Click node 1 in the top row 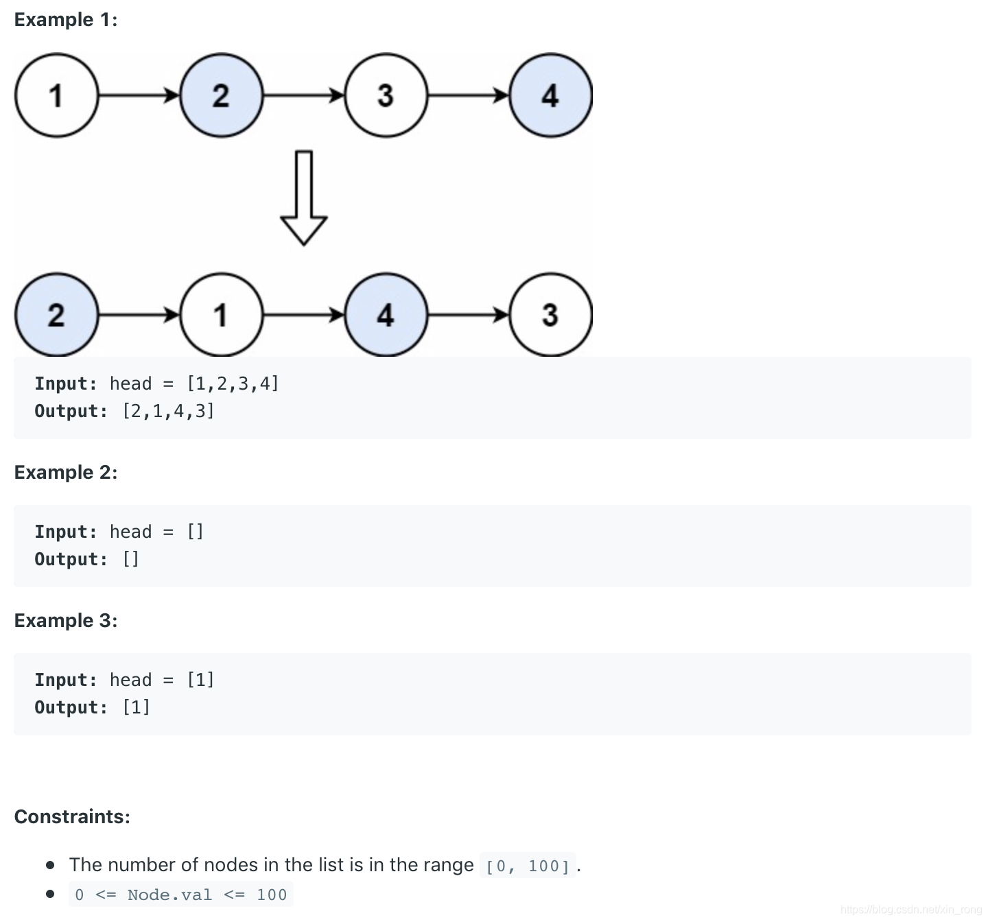pyautogui.click(x=56, y=95)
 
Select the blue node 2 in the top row pyautogui.click(x=221, y=95)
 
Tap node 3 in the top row pyautogui.click(x=386, y=95)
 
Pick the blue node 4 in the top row pyautogui.click(x=550, y=95)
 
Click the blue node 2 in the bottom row pyautogui.click(x=56, y=315)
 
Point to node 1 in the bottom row pyautogui.click(x=221, y=315)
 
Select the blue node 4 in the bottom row pyautogui.click(x=386, y=315)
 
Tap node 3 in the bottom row pyautogui.click(x=550, y=315)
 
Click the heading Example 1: pyautogui.click(x=66, y=20)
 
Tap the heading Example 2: pyautogui.click(x=66, y=473)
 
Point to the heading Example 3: pyautogui.click(x=66, y=621)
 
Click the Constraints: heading pyautogui.click(x=72, y=817)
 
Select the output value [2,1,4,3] pyautogui.click(x=169, y=411)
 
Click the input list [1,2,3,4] pyautogui.click(x=233, y=383)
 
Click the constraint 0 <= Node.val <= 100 pyautogui.click(x=181, y=895)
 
